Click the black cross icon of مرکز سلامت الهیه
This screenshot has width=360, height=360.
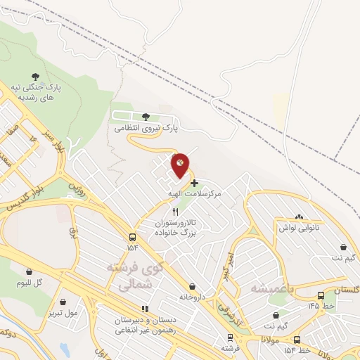pyautogui.click(x=195, y=182)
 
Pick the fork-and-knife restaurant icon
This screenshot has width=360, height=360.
pyautogui.click(x=176, y=212)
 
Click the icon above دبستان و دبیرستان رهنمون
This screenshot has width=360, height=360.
pyautogui.click(x=145, y=309)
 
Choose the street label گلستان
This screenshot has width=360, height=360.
pyautogui.click(x=345, y=290)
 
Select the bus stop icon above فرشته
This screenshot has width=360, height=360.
pyautogui.click(x=229, y=335)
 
